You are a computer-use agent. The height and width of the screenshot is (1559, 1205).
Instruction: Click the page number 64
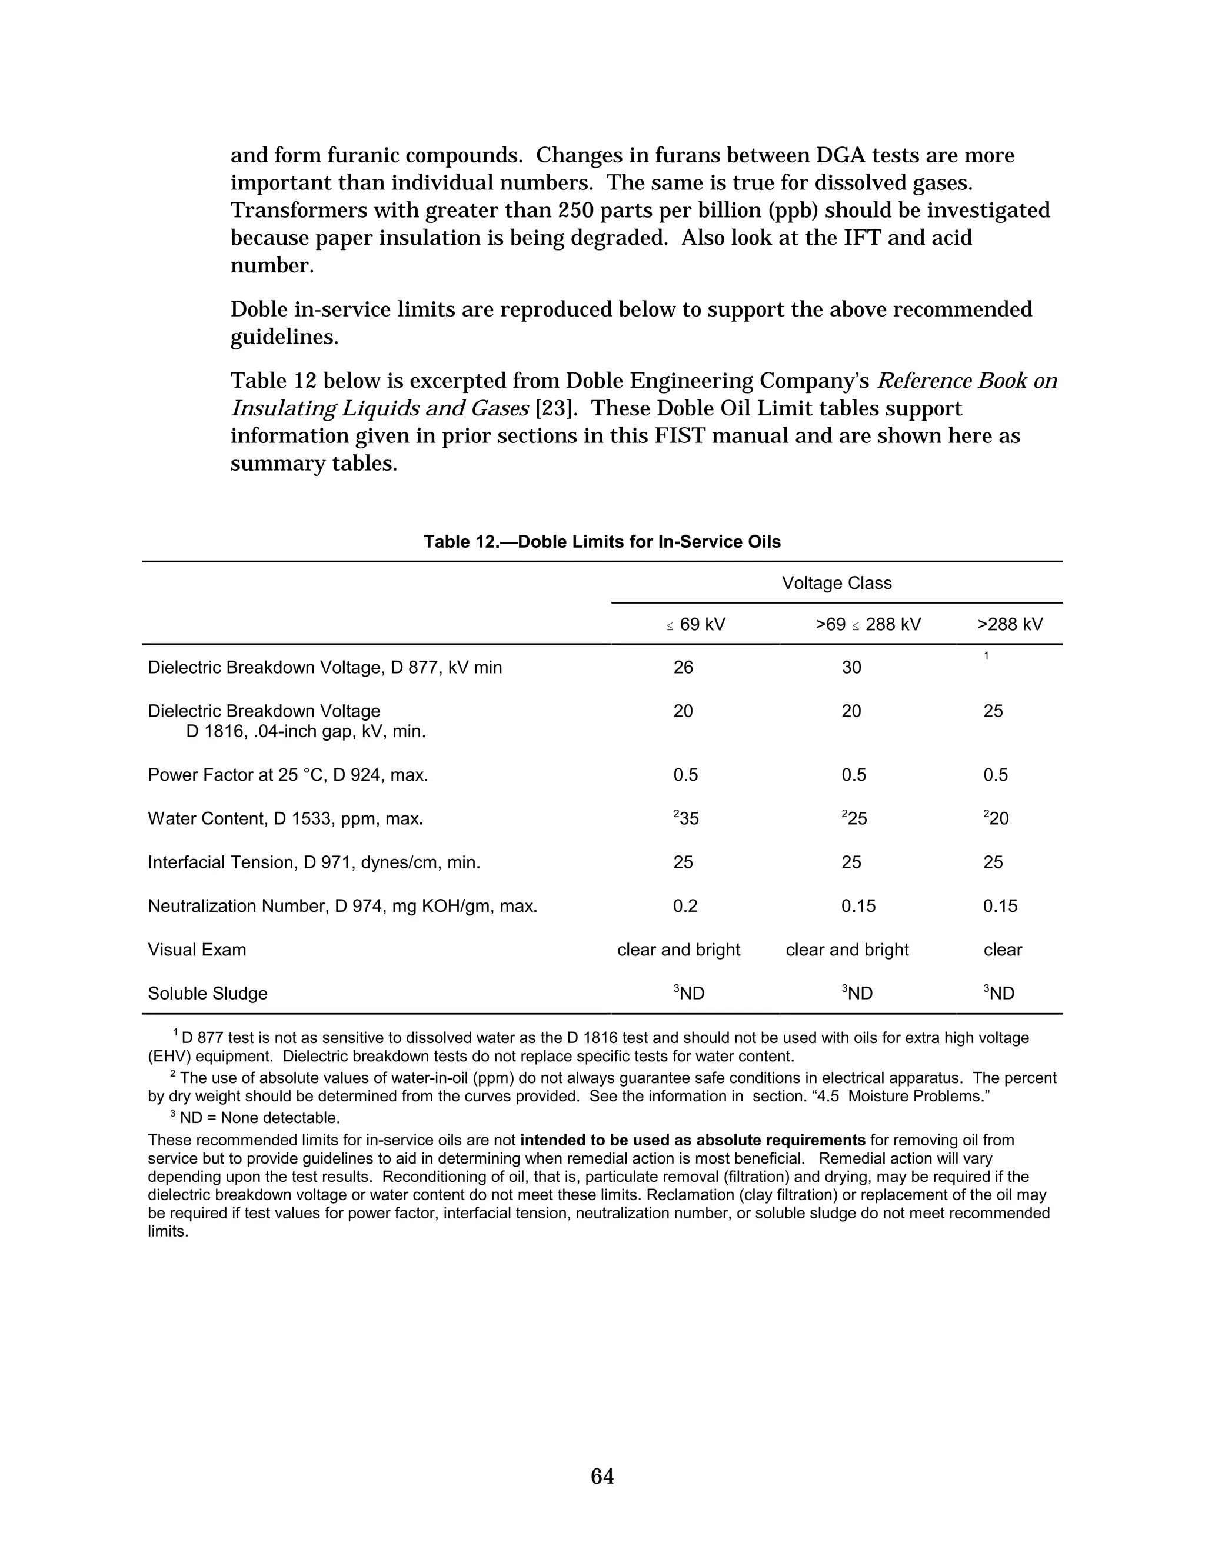[x=602, y=1475]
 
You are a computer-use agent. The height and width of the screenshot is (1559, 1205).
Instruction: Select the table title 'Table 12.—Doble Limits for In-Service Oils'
[x=602, y=542]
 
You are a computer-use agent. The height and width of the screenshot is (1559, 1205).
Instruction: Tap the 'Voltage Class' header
[x=836, y=583]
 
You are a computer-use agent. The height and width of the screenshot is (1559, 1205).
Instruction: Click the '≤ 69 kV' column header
[x=696, y=625]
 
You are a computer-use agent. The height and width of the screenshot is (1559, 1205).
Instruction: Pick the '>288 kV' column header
[x=1010, y=625]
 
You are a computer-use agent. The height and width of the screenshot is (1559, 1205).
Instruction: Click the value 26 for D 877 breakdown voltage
[x=683, y=668]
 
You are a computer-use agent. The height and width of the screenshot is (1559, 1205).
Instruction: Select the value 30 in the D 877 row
[x=851, y=668]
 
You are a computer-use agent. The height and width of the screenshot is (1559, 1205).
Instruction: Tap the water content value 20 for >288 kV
[x=998, y=819]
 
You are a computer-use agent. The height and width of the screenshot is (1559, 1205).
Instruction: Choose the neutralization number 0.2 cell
[x=685, y=906]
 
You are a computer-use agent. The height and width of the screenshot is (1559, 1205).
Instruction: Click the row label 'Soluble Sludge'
[x=207, y=994]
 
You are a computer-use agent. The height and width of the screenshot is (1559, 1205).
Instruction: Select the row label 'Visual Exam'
[x=197, y=950]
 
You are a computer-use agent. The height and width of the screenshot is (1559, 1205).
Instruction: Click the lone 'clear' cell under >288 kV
[x=1002, y=950]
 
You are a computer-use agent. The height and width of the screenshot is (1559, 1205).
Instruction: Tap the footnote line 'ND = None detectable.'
[x=259, y=1118]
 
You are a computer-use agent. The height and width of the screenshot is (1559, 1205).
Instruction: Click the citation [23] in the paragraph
[x=556, y=409]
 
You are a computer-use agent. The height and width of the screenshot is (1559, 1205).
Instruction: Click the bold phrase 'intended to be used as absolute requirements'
[x=693, y=1140]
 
